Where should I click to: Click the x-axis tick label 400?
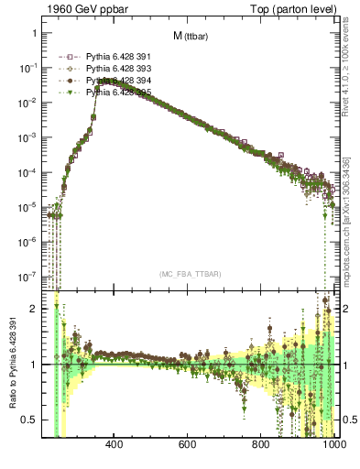(115, 446)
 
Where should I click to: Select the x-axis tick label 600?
(188, 446)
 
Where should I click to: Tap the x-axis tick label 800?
(261, 446)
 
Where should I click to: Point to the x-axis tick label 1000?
(330, 446)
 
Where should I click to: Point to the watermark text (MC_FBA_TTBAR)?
(189, 274)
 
